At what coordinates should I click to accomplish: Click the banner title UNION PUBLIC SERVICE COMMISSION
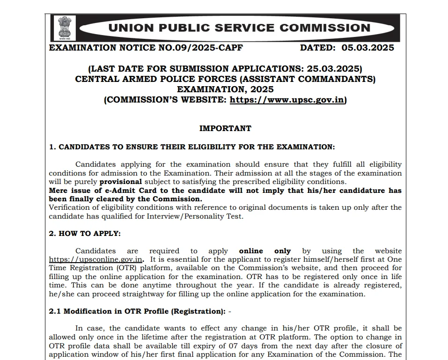tap(239, 28)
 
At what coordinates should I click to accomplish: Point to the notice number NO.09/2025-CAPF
tap(206, 48)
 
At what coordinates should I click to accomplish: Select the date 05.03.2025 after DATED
tap(367, 48)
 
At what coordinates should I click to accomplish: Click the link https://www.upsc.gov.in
tap(287, 100)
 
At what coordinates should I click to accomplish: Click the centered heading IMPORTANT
tap(225, 128)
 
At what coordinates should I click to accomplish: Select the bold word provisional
tap(120, 182)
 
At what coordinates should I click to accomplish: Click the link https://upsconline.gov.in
tap(96, 259)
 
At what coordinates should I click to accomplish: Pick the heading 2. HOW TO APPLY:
tap(85, 233)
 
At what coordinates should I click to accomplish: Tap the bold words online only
tap(265, 251)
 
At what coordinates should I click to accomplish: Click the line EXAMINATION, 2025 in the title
tap(225, 89)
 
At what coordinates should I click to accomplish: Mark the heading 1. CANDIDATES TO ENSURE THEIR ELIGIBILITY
tap(192, 147)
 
